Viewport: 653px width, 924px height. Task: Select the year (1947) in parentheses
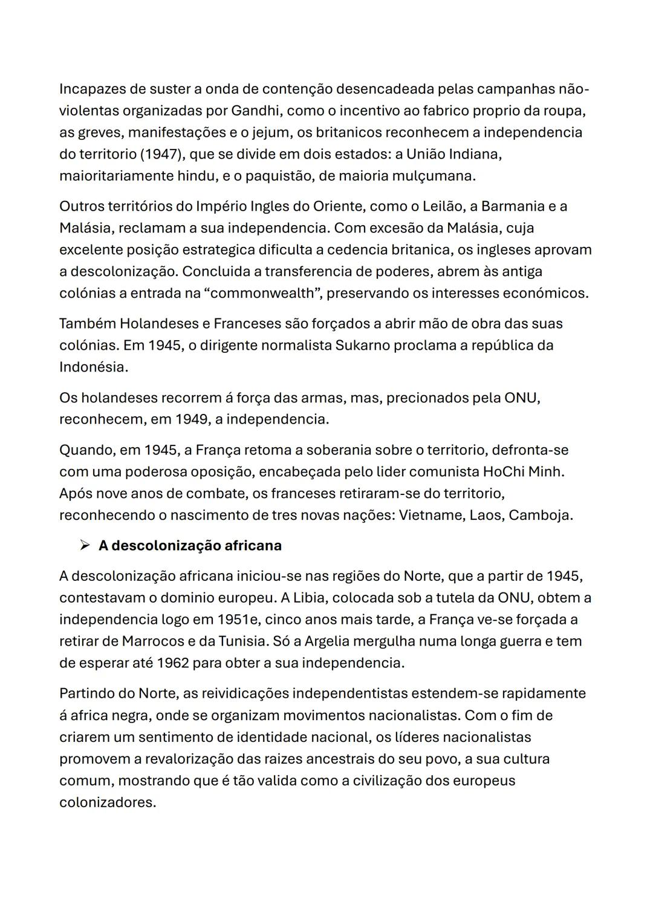point(163,154)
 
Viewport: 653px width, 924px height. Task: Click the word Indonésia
point(93,367)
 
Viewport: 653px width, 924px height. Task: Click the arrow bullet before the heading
point(85,546)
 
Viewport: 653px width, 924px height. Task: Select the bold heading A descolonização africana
point(190,546)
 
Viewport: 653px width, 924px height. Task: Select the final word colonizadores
point(107,803)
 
